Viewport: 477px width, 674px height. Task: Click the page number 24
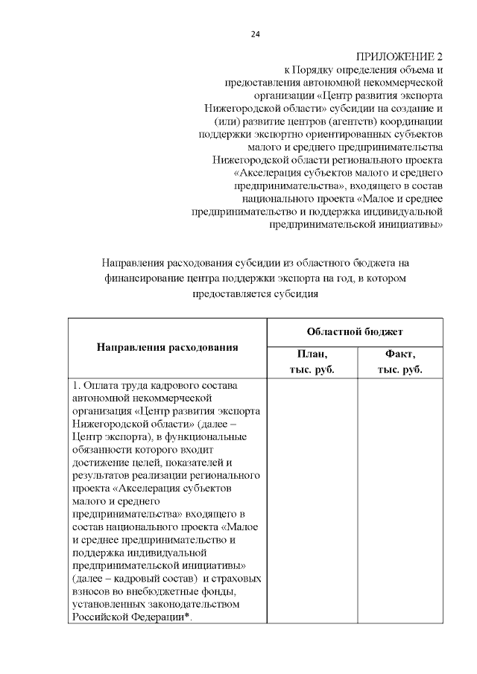(256, 34)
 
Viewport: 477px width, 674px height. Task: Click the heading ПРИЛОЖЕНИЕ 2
(399, 57)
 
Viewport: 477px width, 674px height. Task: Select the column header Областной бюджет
(355, 331)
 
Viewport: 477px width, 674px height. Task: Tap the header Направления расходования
(167, 347)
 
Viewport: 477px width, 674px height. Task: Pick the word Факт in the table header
(400, 355)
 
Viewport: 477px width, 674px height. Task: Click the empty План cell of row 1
(312, 499)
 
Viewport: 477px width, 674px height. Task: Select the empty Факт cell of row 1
(400, 499)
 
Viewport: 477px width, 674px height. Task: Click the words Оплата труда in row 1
(116, 386)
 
